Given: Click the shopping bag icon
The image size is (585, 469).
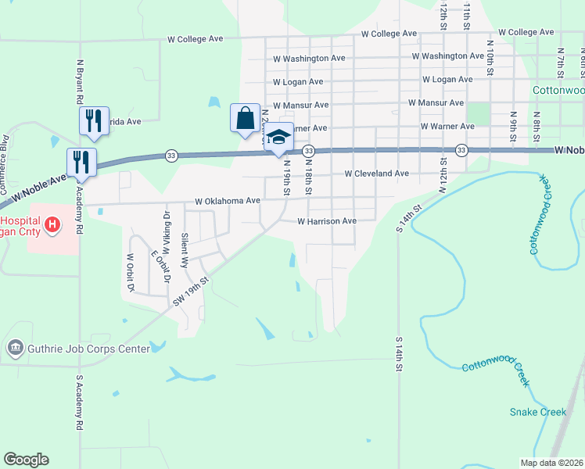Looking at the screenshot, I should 246,118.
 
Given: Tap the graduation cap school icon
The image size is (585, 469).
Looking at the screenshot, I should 278,138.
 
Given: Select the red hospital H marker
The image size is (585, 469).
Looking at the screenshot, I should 52,227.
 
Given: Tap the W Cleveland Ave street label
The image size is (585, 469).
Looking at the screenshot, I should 376,174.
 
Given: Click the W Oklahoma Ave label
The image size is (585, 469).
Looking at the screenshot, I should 227,201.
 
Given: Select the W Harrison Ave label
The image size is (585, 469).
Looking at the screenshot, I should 327,221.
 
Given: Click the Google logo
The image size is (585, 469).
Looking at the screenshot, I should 26,460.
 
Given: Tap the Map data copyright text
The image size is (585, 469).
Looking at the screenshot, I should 551,463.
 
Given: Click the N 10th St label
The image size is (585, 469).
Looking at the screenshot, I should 490,59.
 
